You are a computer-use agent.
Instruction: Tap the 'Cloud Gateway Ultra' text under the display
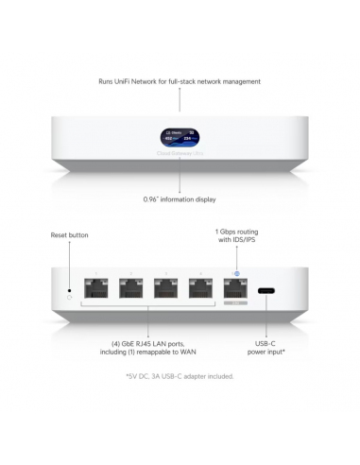[x=180, y=153]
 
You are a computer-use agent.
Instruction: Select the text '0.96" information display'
[x=180, y=200]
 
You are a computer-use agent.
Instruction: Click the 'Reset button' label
[x=70, y=234]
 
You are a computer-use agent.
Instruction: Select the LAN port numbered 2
[x=134, y=294]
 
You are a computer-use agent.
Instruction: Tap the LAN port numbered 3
[x=167, y=294]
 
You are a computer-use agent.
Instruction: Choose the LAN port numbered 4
[x=200, y=294]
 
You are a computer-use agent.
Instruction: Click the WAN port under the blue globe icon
[x=235, y=294]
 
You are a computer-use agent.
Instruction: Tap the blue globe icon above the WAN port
[x=235, y=274]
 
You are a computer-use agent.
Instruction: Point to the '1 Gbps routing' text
[x=235, y=232]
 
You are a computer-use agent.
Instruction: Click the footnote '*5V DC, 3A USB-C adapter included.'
[x=180, y=376]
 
